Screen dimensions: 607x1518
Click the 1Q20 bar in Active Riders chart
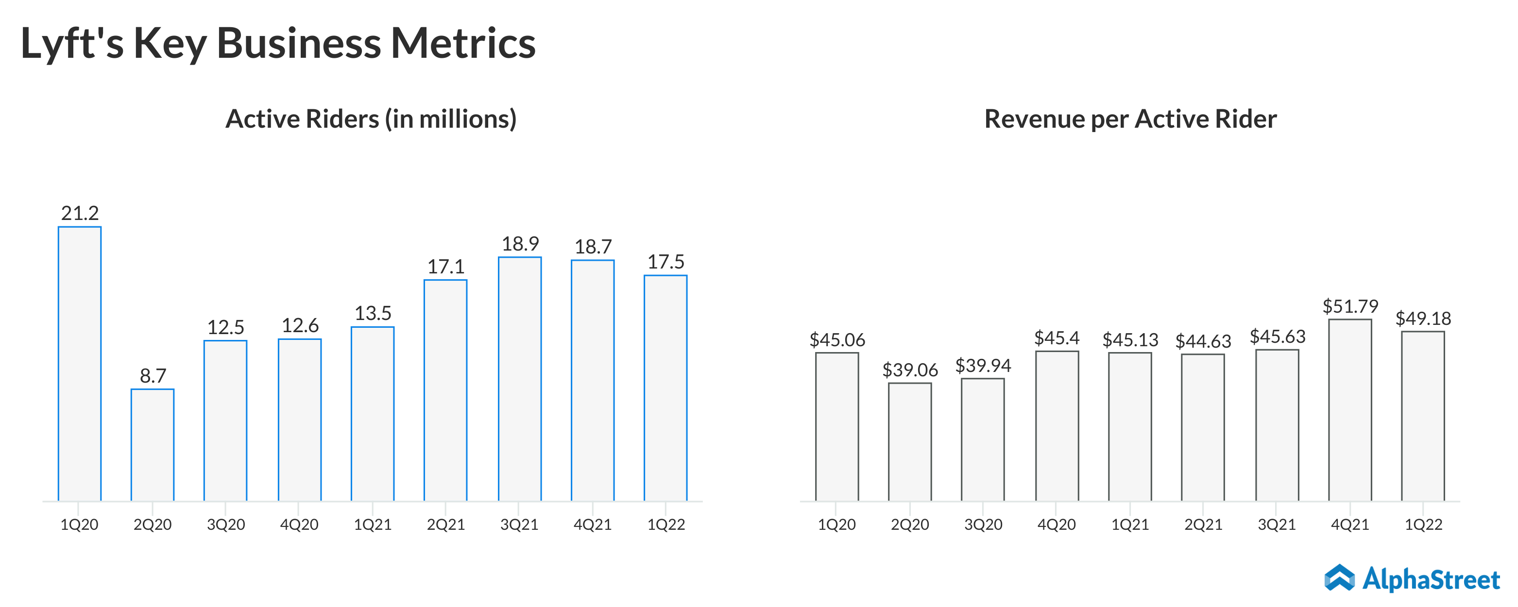pos(80,364)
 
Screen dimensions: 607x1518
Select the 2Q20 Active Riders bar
pos(153,445)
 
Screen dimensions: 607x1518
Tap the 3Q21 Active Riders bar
pos(520,379)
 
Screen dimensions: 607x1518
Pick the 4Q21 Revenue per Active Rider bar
pos(1350,410)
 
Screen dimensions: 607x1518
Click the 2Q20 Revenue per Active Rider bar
pos(910,442)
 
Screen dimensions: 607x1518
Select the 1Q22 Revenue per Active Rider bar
pos(1423,416)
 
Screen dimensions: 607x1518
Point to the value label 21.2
pos(80,213)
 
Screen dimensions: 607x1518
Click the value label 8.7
pos(153,375)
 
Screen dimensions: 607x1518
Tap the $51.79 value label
pos(1350,306)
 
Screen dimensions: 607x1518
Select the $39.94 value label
pos(983,365)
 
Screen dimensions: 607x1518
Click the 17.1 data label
pos(446,267)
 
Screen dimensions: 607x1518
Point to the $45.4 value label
pos(1057,337)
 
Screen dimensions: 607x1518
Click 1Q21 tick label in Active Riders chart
pos(373,524)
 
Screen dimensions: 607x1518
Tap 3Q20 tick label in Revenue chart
pos(983,524)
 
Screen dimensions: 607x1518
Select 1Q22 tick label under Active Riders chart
pos(666,524)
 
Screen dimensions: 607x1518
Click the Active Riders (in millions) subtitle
pos(371,119)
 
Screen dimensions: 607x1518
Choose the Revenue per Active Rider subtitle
pos(1130,119)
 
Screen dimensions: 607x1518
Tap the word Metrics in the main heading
pos(463,44)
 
